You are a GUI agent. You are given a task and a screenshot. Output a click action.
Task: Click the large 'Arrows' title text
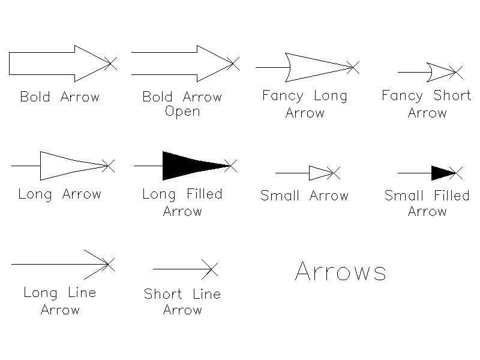340,271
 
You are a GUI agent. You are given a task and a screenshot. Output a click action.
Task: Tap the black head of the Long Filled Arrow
190,166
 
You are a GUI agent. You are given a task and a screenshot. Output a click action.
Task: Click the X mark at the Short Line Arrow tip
209,269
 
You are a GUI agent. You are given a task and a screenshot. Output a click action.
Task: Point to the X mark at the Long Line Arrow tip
109,265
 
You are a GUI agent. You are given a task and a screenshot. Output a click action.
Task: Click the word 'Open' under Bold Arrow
182,112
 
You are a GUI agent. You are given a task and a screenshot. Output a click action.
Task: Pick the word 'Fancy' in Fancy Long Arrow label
283,96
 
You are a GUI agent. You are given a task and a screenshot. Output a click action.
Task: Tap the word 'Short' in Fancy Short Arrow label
452,95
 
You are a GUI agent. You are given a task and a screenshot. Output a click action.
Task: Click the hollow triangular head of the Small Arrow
320,173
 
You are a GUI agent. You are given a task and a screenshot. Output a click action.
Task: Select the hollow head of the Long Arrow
73,166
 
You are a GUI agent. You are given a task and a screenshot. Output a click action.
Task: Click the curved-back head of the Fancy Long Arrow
319,67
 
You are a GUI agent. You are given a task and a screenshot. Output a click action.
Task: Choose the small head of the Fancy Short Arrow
441,72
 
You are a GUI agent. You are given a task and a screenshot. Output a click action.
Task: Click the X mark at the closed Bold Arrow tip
110,64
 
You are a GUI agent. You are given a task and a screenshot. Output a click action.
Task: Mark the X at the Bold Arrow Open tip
233,64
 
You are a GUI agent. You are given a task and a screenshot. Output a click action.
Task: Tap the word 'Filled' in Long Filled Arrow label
205,194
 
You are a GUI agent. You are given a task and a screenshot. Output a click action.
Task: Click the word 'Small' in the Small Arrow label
280,196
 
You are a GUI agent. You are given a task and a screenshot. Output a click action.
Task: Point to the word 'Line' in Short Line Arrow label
206,294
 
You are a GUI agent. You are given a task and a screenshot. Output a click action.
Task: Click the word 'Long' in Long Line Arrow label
40,293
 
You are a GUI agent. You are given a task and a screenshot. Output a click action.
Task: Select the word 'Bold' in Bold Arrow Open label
157,97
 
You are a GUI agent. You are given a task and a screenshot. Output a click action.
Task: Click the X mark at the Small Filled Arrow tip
456,173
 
